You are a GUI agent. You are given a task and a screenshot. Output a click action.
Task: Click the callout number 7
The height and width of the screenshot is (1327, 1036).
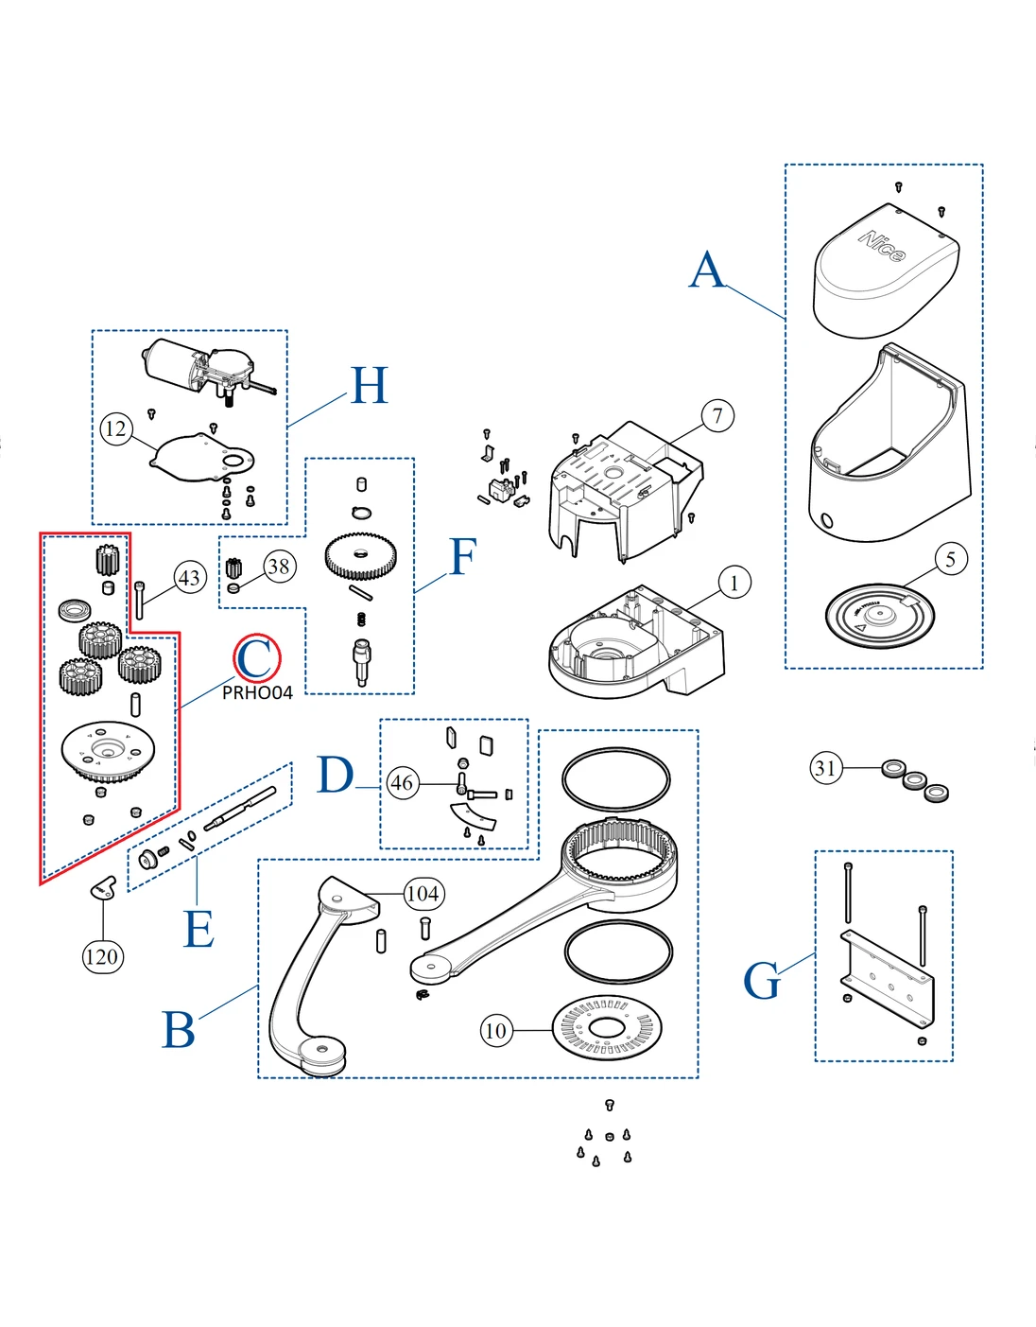[x=717, y=415]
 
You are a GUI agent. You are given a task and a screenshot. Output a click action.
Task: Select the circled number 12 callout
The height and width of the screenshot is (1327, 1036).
[x=115, y=429]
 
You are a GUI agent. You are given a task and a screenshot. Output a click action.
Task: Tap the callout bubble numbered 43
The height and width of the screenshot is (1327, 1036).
[x=190, y=578]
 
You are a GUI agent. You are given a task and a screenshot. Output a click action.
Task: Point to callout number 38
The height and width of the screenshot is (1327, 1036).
[x=279, y=567]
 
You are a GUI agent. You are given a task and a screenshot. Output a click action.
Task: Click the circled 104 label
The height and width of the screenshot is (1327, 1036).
[x=423, y=894]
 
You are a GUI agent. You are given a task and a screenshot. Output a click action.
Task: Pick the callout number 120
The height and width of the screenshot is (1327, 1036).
[x=102, y=956]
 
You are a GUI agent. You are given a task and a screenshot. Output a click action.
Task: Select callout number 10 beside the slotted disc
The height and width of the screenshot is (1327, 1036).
[x=496, y=1030]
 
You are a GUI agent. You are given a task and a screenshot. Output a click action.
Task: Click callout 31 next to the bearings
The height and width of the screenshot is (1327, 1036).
[x=826, y=767]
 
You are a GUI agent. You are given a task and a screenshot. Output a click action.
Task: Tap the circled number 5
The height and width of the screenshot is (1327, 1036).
[x=951, y=559]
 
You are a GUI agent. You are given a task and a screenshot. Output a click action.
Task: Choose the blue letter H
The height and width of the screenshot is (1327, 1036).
[x=369, y=386]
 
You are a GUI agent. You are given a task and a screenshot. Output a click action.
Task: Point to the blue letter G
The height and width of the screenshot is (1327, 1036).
[x=762, y=980]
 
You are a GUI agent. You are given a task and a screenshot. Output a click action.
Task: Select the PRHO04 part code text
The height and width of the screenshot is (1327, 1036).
[x=257, y=693]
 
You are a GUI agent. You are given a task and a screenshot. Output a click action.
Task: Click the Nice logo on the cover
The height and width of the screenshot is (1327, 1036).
[x=882, y=246]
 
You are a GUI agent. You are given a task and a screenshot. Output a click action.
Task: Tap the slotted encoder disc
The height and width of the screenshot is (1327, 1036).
[x=607, y=1028]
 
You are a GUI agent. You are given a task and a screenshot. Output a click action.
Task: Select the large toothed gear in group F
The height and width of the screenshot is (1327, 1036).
[x=360, y=557]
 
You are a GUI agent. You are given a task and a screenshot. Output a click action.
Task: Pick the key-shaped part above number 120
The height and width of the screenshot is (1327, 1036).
[x=102, y=886]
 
